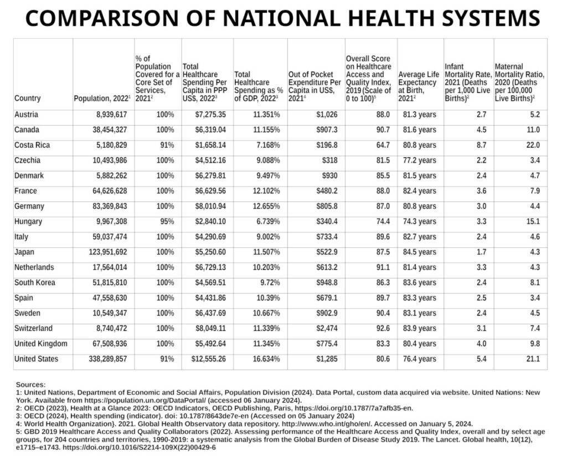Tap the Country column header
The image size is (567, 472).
28,98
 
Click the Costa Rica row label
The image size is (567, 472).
32,145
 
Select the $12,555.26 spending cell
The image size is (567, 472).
207,359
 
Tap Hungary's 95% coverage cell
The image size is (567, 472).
165,221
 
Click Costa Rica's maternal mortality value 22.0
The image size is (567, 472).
533,145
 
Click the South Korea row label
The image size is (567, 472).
35,283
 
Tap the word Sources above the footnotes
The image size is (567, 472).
31,384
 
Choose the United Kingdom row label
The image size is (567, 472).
41,344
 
